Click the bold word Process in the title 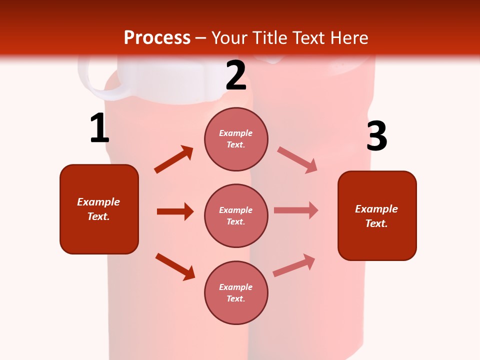click(157, 38)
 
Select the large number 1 click(99, 128)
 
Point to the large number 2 click(236, 76)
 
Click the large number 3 click(376, 136)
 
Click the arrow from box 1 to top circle click(173, 159)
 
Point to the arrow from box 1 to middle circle click(175, 211)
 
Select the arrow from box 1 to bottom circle click(175, 266)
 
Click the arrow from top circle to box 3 click(297, 160)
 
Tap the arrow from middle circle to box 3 click(296, 210)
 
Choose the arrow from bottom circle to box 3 click(294, 265)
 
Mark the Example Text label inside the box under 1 click(98, 209)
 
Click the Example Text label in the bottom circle click(236, 293)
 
